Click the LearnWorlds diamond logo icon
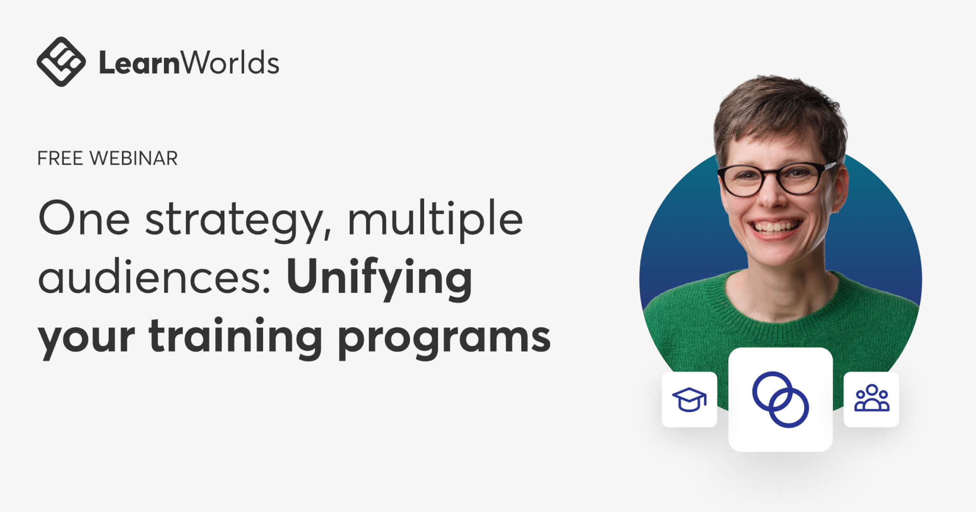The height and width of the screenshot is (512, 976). (61, 62)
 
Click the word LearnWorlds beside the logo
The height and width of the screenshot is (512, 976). (189, 63)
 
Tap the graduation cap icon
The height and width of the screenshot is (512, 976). (689, 399)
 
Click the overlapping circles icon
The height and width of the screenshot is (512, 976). (780, 399)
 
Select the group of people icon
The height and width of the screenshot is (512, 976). (871, 399)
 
